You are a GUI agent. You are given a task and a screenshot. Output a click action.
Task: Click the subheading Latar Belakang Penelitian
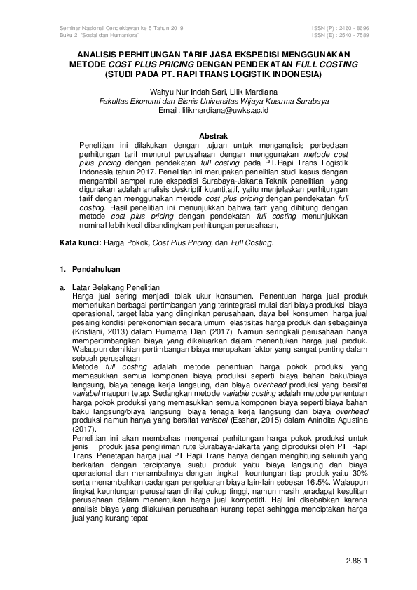pos(116,287)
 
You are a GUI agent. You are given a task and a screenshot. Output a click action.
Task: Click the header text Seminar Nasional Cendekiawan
pos(97,27)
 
